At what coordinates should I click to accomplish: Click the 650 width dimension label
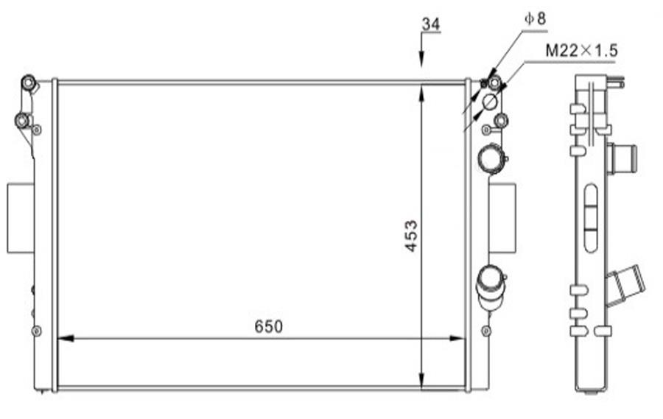click(268, 326)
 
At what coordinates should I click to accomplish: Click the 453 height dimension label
click(411, 236)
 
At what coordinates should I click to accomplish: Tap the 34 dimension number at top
click(431, 24)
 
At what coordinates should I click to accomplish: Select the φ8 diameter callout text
click(536, 18)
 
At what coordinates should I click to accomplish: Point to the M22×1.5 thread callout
click(581, 51)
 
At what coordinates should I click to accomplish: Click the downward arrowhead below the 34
click(421, 59)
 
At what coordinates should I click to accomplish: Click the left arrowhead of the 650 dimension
click(66, 338)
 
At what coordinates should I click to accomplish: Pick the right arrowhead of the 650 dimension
click(457, 338)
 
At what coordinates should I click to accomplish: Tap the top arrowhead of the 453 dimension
click(421, 93)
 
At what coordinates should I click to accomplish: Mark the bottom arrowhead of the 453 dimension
click(421, 378)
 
